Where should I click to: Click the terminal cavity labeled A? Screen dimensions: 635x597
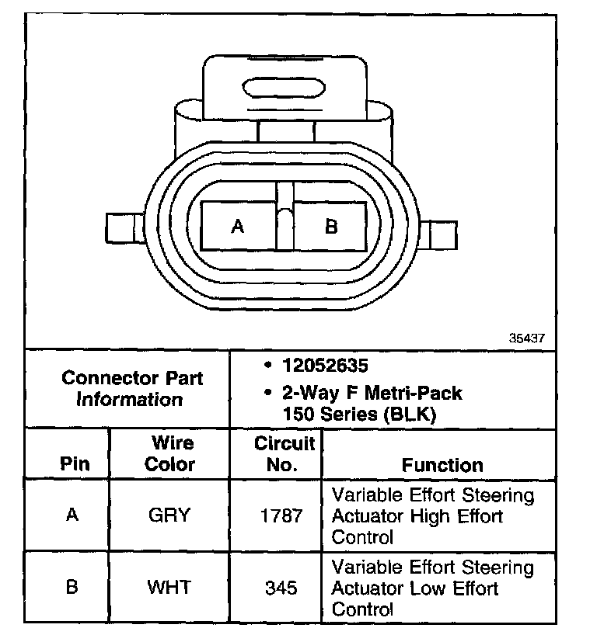[239, 226]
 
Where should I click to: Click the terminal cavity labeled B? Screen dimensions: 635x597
[330, 226]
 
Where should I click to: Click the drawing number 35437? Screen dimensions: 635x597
[525, 338]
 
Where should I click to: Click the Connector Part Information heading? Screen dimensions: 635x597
[131, 389]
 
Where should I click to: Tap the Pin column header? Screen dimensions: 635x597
[75, 464]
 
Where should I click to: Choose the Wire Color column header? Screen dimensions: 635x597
[171, 454]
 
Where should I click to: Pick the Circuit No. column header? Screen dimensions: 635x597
[284, 454]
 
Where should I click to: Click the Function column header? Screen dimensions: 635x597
[442, 465]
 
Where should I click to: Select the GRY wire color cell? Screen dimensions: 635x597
[169, 515]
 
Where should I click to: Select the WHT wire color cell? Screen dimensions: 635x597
[169, 587]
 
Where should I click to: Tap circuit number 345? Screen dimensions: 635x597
[281, 588]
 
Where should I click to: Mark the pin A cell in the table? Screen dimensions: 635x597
[72, 515]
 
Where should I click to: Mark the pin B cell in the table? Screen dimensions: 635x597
[72, 587]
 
